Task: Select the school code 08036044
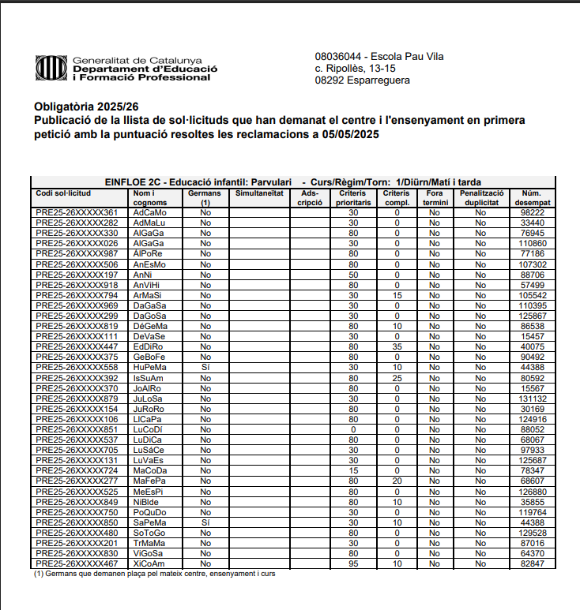click(x=339, y=57)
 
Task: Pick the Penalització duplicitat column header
click(x=480, y=198)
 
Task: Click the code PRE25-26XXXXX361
click(x=77, y=213)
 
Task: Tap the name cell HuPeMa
click(x=149, y=367)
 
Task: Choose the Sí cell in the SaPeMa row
click(x=205, y=522)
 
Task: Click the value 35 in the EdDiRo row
click(x=397, y=346)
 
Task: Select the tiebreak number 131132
click(x=532, y=399)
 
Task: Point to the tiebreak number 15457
click(x=532, y=336)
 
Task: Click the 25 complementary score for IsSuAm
click(x=397, y=377)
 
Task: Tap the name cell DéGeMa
click(x=149, y=326)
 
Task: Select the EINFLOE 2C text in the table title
click(x=135, y=182)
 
